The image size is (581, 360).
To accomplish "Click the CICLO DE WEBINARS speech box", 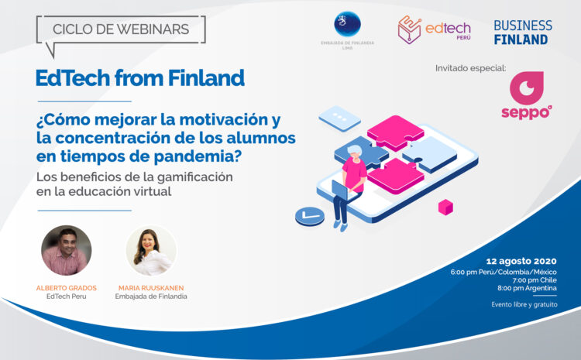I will pos(121,29).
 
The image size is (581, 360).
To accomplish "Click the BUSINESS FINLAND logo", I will pos(523,32).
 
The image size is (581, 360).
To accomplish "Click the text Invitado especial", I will pos(470,68).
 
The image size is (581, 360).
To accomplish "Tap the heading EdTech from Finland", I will pos(140,77).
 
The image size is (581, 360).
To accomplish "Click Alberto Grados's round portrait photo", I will pos(66,250).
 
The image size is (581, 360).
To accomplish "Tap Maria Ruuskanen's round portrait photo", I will pos(151,250).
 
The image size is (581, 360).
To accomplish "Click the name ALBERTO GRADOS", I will pos(66,287).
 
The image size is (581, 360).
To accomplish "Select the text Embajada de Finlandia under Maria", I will pos(151,297).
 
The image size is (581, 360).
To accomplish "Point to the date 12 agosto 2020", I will pos(521,261).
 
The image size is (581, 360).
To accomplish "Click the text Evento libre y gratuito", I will pos(523,304).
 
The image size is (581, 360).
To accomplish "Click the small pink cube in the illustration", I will pos(445,207).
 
